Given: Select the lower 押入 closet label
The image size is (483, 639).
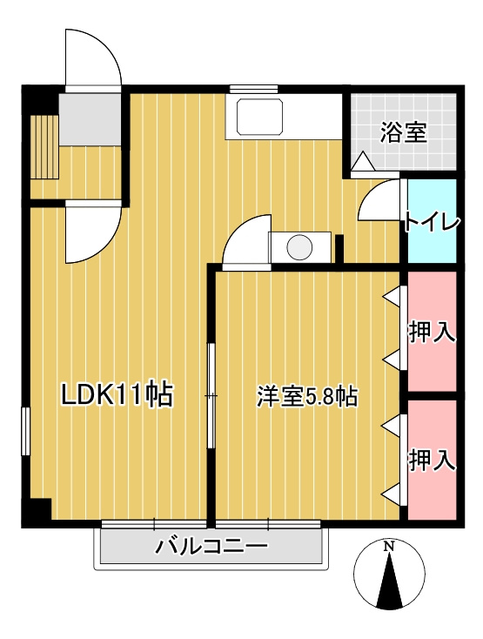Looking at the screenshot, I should (432, 459).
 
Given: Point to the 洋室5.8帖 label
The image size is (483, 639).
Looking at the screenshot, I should (306, 396).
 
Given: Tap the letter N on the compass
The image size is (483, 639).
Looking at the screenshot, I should (390, 547).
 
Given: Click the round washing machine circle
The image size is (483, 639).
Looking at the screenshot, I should (299, 247).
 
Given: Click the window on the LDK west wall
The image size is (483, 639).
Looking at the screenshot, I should (25, 431).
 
